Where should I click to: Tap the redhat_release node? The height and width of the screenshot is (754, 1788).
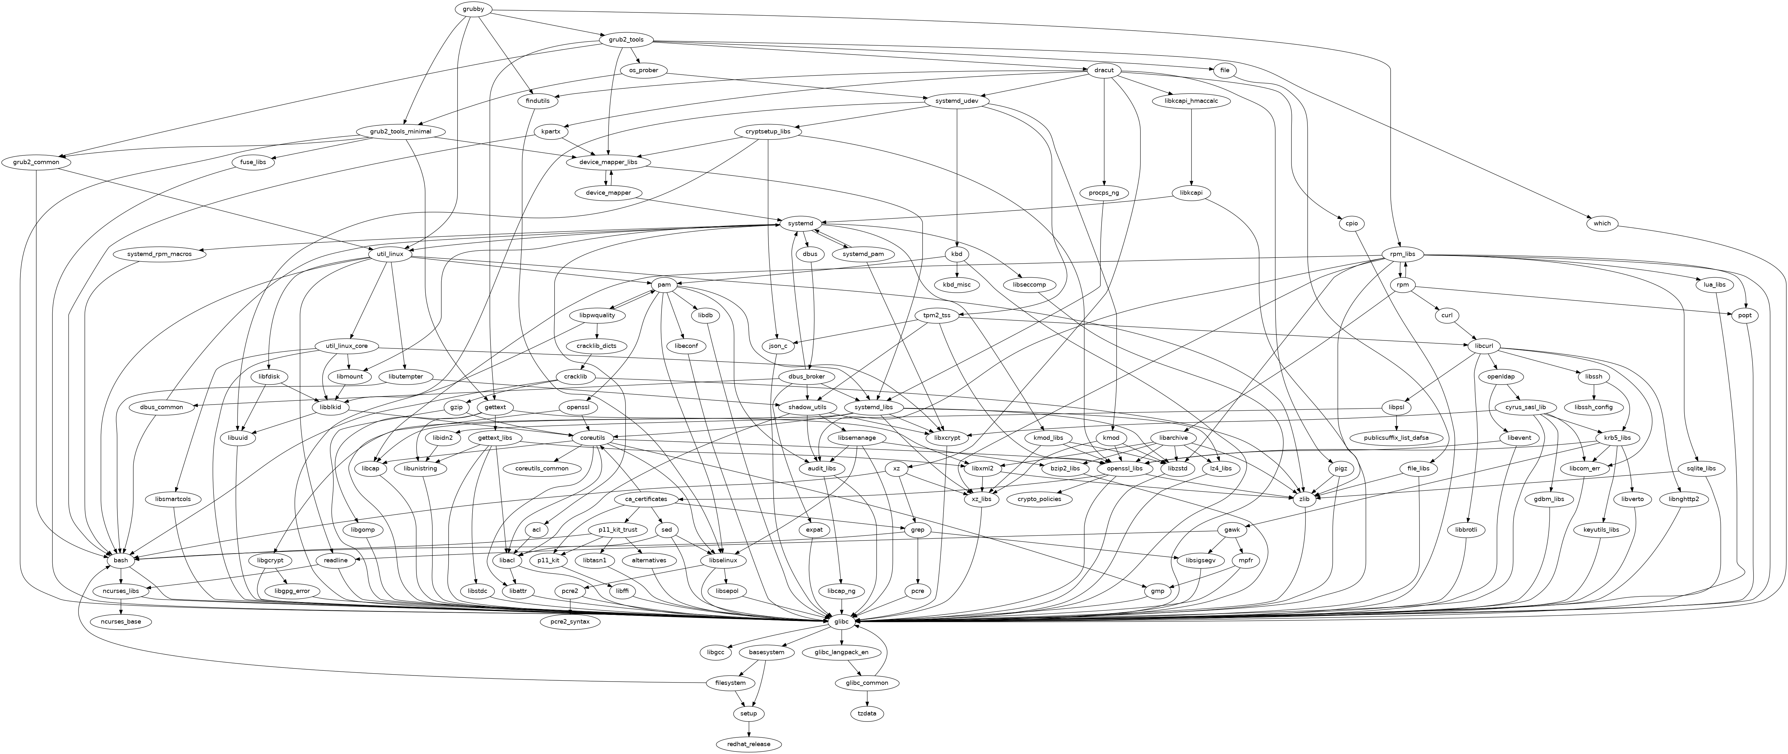click(749, 743)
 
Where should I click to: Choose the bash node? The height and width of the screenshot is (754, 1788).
click(121, 560)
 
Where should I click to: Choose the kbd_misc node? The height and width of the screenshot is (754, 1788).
click(956, 285)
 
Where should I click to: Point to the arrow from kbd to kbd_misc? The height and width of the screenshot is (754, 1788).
click(956, 269)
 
